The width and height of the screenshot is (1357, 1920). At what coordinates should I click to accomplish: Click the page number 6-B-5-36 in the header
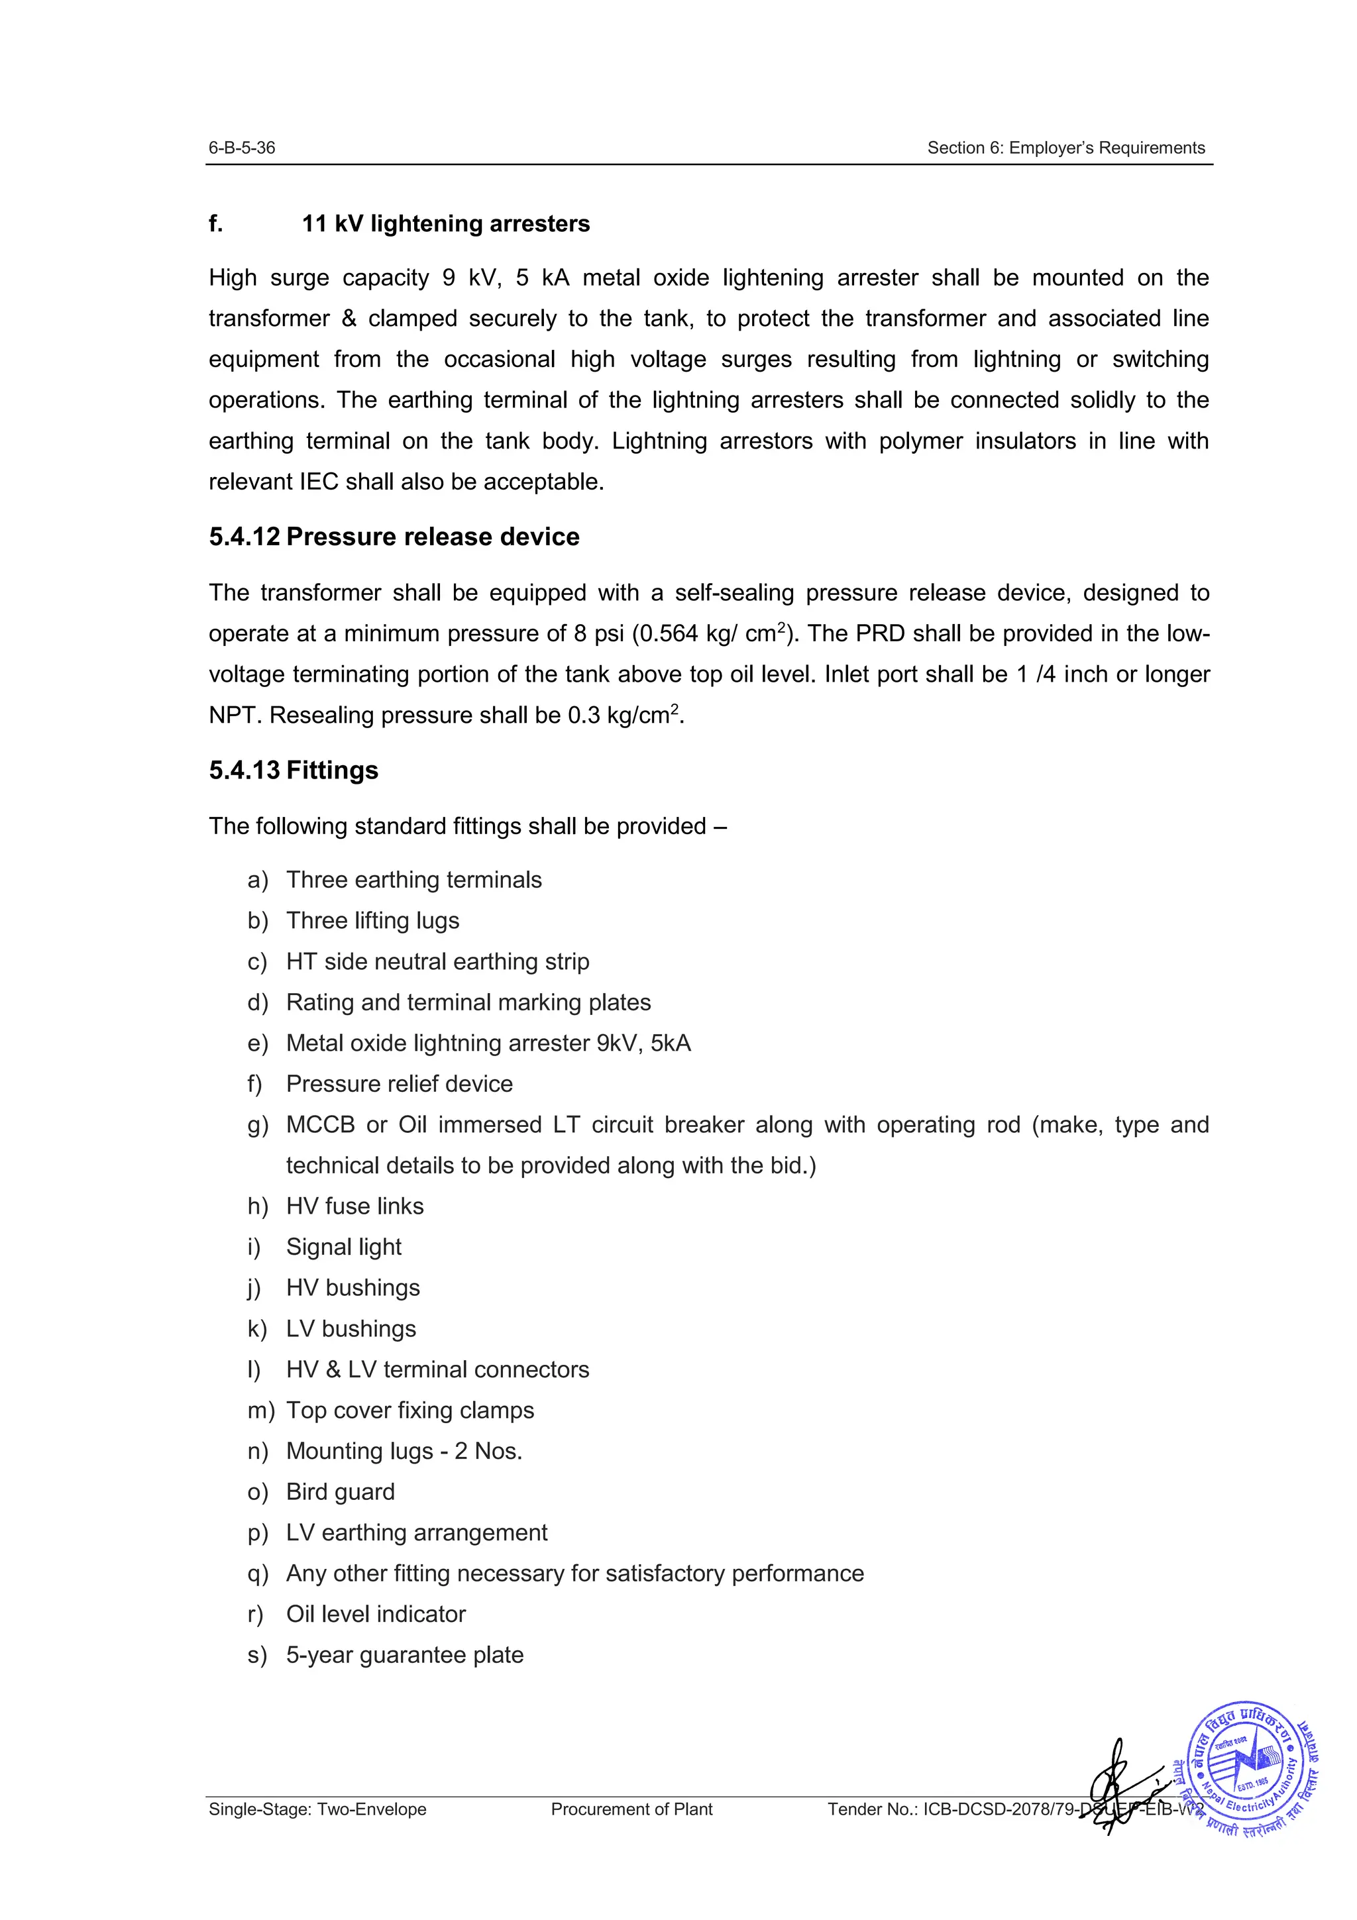[242, 148]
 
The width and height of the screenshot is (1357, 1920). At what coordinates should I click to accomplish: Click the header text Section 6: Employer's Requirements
[1065, 148]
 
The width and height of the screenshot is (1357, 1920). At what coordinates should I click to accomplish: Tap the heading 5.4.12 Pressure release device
[394, 537]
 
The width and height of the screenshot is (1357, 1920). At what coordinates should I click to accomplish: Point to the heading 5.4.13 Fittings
[294, 770]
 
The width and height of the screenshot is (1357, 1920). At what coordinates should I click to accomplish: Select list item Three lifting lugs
[372, 921]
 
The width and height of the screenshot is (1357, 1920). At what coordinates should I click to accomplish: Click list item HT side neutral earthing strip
[437, 962]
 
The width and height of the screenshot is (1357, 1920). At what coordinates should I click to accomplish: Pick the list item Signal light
[344, 1247]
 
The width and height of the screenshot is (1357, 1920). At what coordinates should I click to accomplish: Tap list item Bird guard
[341, 1492]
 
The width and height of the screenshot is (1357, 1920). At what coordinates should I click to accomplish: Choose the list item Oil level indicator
[376, 1614]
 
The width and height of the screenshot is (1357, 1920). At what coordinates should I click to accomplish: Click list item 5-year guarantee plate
[405, 1655]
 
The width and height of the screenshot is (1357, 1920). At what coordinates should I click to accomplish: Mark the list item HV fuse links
[354, 1206]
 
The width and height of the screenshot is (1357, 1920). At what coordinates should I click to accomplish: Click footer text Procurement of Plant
[631, 1809]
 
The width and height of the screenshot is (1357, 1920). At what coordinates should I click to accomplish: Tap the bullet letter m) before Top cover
[260, 1411]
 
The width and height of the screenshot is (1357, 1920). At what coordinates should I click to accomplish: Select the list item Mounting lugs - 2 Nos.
[404, 1451]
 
